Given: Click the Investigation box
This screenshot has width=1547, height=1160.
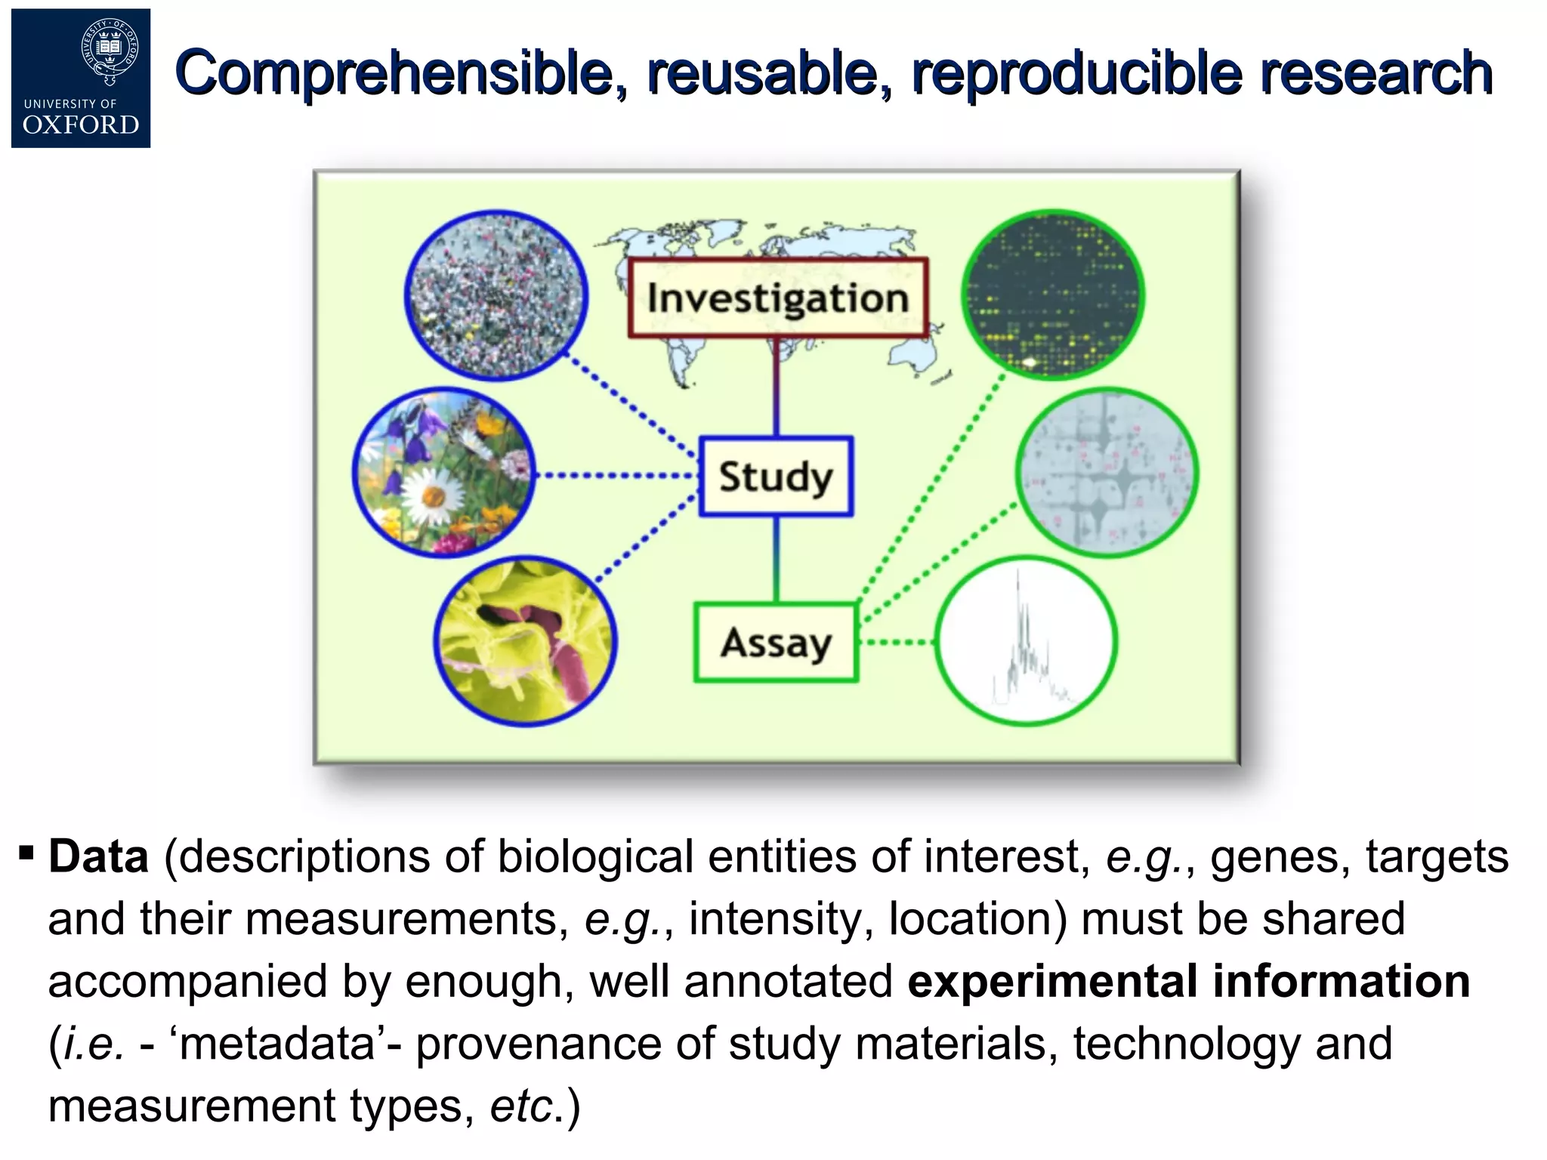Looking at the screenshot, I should (778, 298).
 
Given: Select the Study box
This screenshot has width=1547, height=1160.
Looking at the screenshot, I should (776, 477).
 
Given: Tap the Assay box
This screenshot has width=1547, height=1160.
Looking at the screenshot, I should (776, 643).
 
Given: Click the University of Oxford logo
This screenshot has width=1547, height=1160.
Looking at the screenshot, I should (81, 79).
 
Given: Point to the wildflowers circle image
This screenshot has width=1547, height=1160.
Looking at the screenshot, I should (444, 473).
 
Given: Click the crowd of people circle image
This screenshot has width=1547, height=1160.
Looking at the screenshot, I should (496, 295).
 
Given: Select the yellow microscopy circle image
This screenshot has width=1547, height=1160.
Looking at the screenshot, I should (526, 643).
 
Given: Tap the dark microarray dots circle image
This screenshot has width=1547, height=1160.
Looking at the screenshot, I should (1053, 295).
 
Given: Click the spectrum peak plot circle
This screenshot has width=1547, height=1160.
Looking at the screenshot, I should (1026, 641).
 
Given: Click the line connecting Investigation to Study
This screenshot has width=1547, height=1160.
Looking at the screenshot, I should (776, 387).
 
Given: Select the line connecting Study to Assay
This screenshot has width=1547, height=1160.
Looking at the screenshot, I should (776, 559).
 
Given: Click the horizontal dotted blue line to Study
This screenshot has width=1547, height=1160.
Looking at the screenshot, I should (616, 476).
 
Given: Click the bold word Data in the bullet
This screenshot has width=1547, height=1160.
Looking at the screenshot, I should (98, 857).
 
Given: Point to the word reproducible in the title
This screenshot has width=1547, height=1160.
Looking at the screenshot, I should (1076, 73).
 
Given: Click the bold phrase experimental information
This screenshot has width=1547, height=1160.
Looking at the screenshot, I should (1187, 981).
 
